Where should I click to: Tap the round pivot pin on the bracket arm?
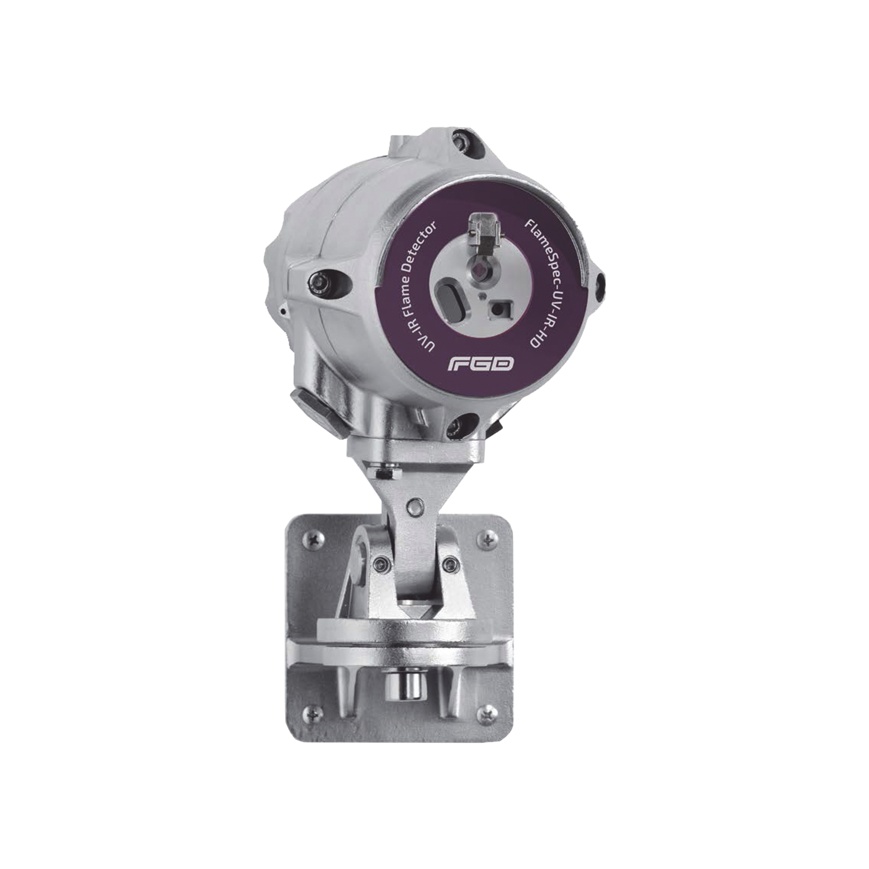point(413,508)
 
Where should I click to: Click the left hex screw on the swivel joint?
point(381,563)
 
